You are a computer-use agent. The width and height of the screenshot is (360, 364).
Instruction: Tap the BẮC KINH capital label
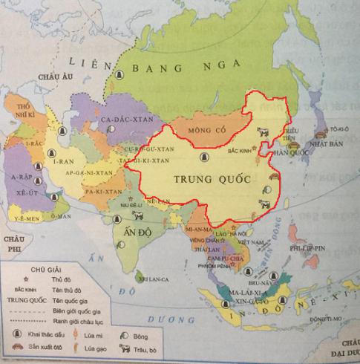[x=238, y=151]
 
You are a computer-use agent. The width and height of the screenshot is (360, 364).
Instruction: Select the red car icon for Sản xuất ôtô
[x=19, y=348]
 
